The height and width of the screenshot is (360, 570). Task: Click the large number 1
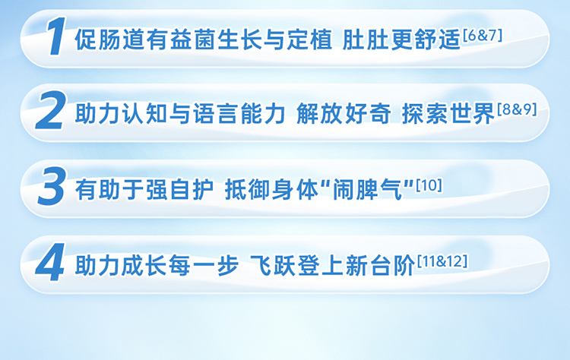(x=55, y=36)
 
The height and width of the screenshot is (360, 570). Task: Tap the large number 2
(x=50, y=110)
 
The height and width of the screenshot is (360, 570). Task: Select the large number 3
(x=52, y=186)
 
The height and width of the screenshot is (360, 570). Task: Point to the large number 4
(x=50, y=262)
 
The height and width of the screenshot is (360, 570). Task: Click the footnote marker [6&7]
(x=483, y=36)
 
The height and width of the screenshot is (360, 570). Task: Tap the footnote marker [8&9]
(x=517, y=109)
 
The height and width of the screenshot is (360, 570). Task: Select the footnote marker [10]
(x=429, y=185)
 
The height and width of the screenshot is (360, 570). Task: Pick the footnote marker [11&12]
(x=442, y=261)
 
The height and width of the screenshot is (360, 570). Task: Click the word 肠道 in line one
(x=110, y=39)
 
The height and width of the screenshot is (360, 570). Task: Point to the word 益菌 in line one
(x=182, y=39)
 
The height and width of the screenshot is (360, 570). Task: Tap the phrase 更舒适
(x=426, y=39)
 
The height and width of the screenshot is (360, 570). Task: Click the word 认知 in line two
(x=146, y=114)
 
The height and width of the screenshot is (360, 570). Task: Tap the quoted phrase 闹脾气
(x=368, y=189)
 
